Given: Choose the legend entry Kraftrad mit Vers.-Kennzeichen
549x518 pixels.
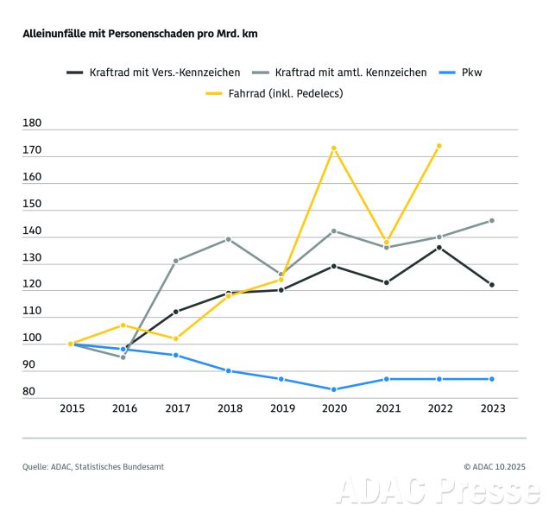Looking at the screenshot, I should click(x=155, y=73).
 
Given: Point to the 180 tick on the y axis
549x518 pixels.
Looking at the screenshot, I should click(x=34, y=124).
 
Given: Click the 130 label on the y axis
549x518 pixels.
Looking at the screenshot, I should click(x=34, y=258).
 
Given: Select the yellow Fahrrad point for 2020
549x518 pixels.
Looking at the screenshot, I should click(x=333, y=148).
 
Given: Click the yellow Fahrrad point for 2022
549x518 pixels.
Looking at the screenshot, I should click(x=439, y=146).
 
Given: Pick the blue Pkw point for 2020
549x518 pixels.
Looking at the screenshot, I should click(x=333, y=389).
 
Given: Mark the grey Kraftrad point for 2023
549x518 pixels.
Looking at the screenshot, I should click(x=492, y=220).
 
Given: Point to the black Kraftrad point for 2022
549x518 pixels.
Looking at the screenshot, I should click(x=439, y=248).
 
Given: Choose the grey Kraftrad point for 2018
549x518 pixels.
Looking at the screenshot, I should click(x=228, y=239).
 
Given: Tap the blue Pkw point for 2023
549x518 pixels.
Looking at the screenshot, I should click(x=492, y=379).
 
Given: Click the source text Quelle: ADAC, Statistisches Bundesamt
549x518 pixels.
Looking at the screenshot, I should click(x=93, y=467).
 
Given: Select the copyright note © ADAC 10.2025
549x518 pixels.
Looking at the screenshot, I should click(x=494, y=467).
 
